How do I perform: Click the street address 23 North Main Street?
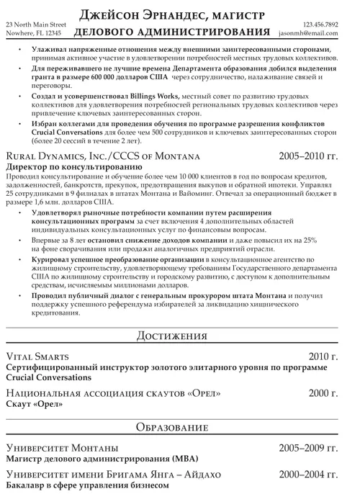(x=34, y=24)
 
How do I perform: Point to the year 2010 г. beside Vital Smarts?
(x=322, y=356)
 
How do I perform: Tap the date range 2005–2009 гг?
(x=308, y=448)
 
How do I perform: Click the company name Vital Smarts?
(x=37, y=356)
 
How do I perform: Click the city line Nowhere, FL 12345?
(x=33, y=33)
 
